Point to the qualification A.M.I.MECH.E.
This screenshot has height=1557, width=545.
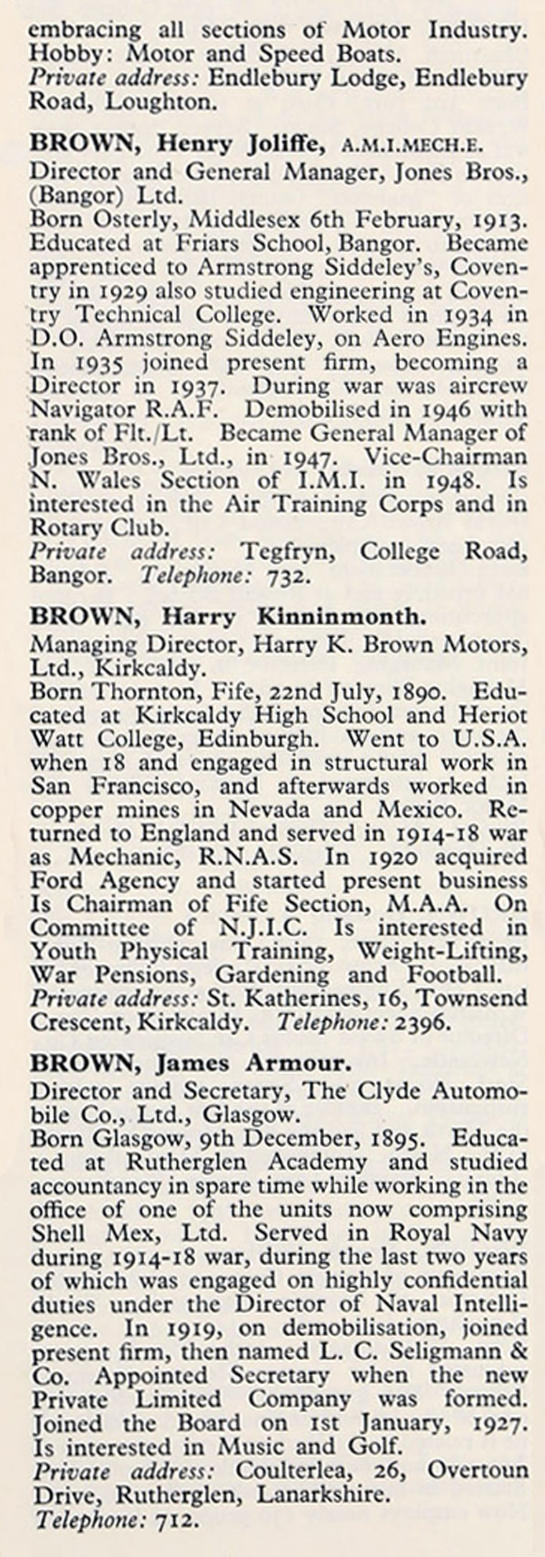tap(412, 146)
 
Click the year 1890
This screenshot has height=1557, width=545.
tap(417, 692)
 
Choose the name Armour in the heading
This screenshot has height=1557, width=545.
tap(303, 1064)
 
